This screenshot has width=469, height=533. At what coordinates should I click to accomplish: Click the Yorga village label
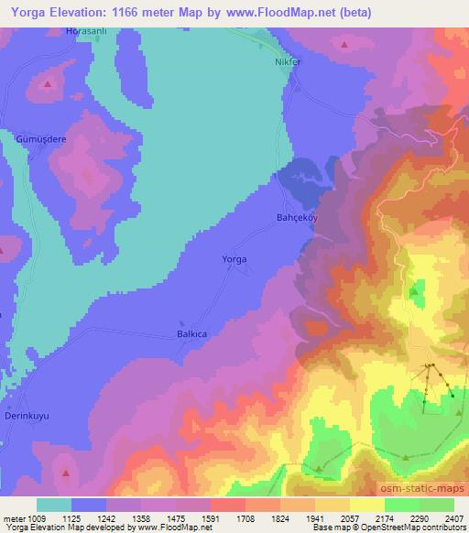point(235,259)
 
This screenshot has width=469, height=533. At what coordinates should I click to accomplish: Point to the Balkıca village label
point(187,333)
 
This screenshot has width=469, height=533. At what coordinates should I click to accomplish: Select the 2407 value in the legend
point(453,518)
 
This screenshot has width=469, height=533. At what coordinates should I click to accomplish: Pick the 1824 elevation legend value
point(278,518)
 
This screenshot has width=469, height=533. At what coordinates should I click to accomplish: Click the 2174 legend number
point(384,518)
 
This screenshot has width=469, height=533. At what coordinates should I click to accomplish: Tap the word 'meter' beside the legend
point(12,518)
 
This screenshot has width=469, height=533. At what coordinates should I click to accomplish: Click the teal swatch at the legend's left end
point(54,505)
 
